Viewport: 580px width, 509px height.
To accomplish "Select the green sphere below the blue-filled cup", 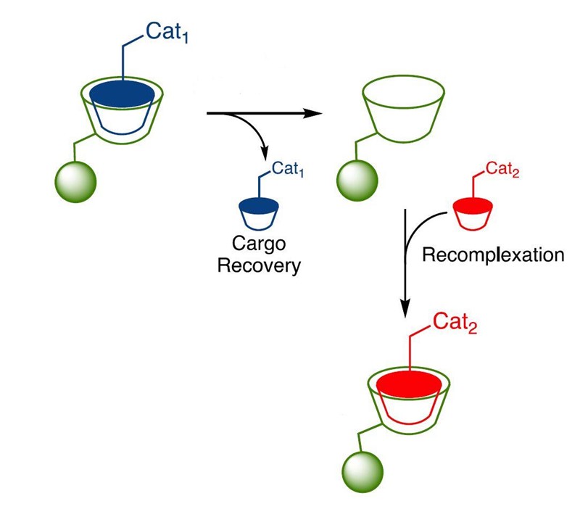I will pyautogui.click(x=75, y=181).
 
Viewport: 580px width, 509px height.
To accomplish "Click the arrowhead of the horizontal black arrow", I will pyautogui.click(x=312, y=113).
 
